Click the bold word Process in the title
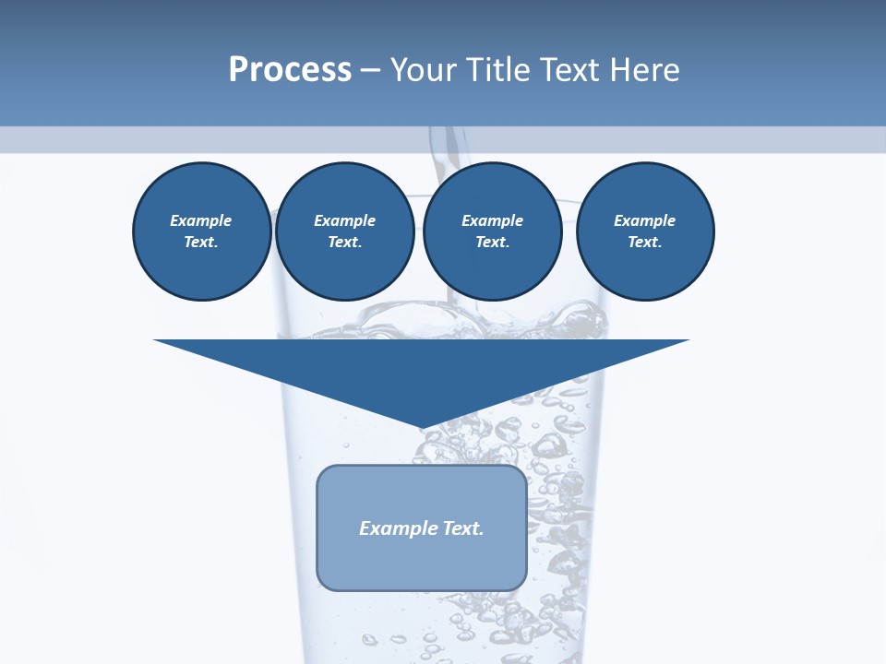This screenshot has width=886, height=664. point(290,70)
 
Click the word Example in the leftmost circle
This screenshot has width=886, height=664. point(201,220)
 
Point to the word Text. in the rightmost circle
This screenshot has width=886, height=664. point(644,242)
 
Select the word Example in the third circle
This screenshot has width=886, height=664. point(492,220)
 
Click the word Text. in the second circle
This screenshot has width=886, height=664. point(344,242)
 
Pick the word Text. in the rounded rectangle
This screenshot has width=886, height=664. point(463,528)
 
